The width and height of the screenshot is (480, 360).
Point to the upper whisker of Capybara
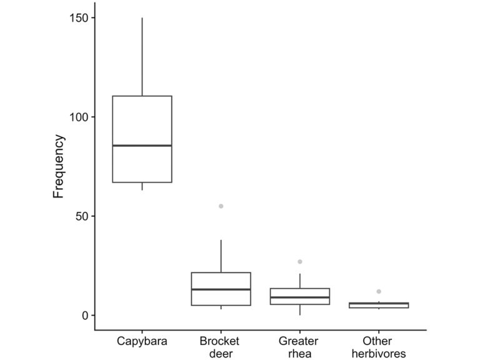pyautogui.click(x=142, y=56)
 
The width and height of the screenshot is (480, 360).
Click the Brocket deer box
pyautogui.click(x=221, y=281)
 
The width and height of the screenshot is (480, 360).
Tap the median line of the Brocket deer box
pyautogui.click(x=221, y=289)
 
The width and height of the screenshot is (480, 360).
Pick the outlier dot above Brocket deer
pyautogui.click(x=221, y=206)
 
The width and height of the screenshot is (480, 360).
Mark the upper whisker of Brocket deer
pyautogui.click(x=221, y=256)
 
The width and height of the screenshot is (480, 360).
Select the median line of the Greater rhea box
pyautogui.click(x=300, y=297)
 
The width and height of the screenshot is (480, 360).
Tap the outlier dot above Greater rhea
pyautogui.click(x=300, y=262)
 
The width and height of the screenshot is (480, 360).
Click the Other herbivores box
pyautogui.click(x=379, y=306)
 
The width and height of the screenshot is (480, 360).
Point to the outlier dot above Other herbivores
pyautogui.click(x=379, y=291)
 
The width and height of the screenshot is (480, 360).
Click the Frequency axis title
pyautogui.click(x=59, y=166)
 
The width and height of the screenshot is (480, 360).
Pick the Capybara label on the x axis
pyautogui.click(x=142, y=341)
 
